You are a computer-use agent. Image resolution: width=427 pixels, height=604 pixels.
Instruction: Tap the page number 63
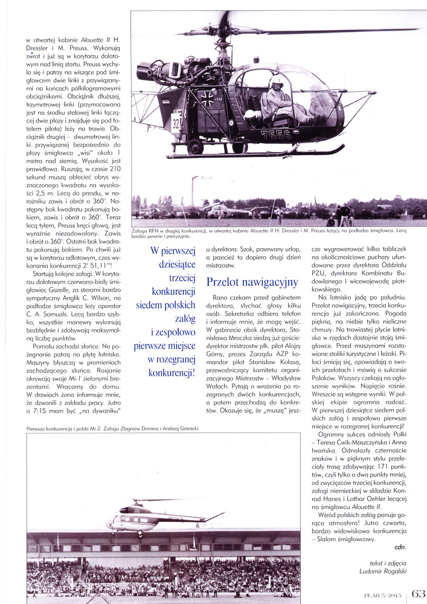coord(419,593)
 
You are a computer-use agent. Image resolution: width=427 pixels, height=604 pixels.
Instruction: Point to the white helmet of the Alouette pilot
coord(277,80)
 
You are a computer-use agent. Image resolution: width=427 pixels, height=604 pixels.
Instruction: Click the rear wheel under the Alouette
coord(195,147)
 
